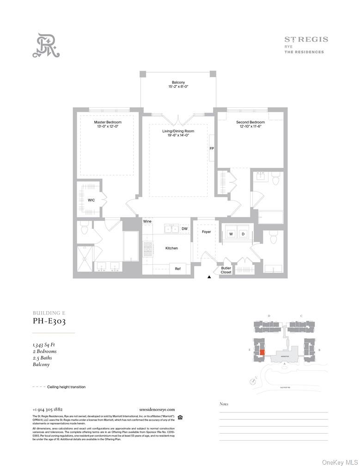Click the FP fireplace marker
212,148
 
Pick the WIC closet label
91,200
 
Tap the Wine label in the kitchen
147,221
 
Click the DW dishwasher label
184,228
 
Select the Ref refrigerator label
177,269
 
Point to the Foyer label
206,232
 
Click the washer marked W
231,234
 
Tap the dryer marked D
243,234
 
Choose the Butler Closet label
226,270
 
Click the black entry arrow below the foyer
209,277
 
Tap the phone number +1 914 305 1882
48,409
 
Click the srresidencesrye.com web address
157,409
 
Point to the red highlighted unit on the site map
262,352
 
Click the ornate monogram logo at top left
46,45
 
